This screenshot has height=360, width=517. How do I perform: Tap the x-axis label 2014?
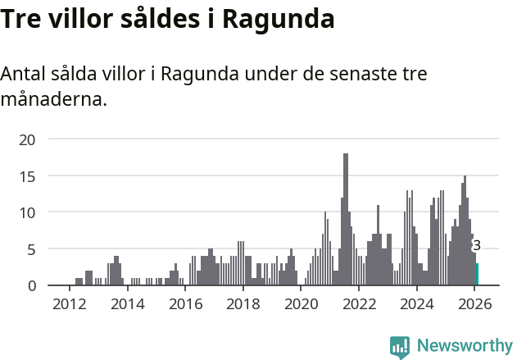tap(127, 305)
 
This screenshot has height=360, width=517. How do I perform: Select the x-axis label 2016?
tap(185, 305)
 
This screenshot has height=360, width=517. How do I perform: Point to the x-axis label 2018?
tap(243, 305)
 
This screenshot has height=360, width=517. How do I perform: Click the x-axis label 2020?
tap(301, 305)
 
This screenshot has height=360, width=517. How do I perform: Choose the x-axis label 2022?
tap(359, 305)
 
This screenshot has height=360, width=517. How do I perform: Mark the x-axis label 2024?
tap(416, 305)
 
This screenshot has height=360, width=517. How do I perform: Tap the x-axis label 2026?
tap(474, 305)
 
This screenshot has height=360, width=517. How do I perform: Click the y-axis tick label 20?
tap(28, 139)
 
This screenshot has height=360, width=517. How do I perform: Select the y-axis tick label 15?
tap(28, 175)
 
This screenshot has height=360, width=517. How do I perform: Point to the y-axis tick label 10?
tap(28, 212)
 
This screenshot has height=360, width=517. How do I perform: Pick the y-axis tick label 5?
tap(31, 248)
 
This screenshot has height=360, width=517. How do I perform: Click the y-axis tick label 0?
tap(31, 285)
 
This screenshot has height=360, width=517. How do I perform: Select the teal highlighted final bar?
tap(478, 274)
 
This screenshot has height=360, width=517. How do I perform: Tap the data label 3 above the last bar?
tap(477, 245)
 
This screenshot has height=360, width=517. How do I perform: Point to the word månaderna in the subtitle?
tap(53, 101)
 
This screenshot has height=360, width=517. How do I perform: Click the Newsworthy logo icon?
tap(400, 346)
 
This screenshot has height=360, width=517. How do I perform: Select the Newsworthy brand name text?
tap(464, 346)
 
